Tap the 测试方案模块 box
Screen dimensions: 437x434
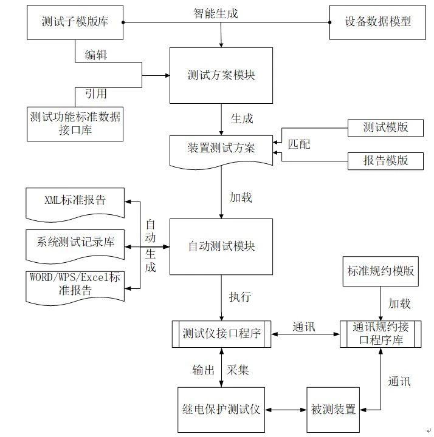(221, 75)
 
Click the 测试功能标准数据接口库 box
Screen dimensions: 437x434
(75, 123)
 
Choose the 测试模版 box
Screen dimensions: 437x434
(385, 128)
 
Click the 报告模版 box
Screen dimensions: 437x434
(385, 160)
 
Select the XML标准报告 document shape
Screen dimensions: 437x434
(75, 201)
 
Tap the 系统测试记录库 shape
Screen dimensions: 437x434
(75, 242)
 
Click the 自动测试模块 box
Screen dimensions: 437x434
(221, 246)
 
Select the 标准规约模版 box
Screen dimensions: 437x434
(381, 271)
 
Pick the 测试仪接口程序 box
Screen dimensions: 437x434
(221, 334)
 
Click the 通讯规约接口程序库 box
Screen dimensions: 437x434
(380, 334)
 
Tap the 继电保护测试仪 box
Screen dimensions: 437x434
(221, 409)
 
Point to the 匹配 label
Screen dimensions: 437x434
(298, 144)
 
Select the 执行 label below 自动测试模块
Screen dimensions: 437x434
(239, 297)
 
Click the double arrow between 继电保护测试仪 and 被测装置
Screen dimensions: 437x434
(286, 409)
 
